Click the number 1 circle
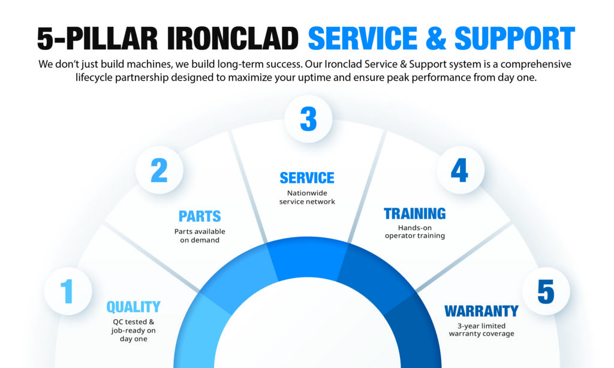click(x=67, y=292)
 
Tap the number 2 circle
click(x=159, y=170)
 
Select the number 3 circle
click(x=308, y=119)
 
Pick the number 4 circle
click(x=459, y=170)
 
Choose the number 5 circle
click(x=546, y=292)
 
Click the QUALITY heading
click(x=133, y=307)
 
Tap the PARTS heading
click(x=200, y=216)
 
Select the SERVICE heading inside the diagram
click(x=307, y=178)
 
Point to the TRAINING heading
click(x=414, y=213)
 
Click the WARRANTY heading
click(x=481, y=311)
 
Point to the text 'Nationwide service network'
click(x=307, y=198)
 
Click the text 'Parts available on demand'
click(x=200, y=236)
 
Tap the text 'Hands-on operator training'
click(x=414, y=232)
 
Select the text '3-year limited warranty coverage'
click(x=481, y=330)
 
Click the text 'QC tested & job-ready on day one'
click(x=133, y=330)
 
